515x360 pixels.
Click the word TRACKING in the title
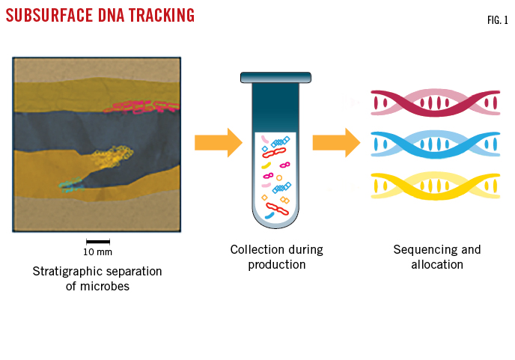click(158, 15)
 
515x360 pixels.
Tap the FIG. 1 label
click(497, 20)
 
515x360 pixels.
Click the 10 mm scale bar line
click(97, 241)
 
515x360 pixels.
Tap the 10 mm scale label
click(97, 252)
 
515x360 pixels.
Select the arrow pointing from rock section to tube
click(218, 142)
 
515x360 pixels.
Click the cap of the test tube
click(275, 77)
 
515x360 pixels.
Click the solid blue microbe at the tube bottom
click(269, 216)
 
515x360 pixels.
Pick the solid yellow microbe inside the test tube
click(266, 165)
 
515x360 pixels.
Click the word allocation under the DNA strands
click(437, 265)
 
